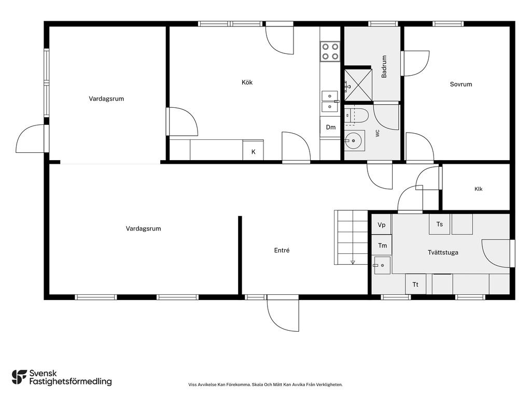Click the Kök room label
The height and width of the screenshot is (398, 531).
click(x=247, y=82)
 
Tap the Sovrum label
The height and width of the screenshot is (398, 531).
click(x=460, y=84)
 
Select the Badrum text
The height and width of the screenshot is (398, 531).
click(x=384, y=67)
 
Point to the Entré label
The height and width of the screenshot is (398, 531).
click(x=282, y=250)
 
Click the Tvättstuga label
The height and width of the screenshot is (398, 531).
click(x=443, y=252)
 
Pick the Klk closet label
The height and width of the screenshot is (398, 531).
click(x=479, y=189)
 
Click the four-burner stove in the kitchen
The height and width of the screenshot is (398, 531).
click(x=330, y=51)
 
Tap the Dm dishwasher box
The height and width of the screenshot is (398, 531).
click(x=330, y=127)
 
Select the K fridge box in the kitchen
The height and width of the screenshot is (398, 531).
click(x=253, y=150)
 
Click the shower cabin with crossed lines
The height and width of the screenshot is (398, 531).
click(x=358, y=85)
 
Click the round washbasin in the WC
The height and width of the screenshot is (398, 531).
click(x=353, y=140)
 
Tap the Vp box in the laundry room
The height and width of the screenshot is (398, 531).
click(x=382, y=224)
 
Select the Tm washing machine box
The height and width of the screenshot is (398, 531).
click(x=382, y=245)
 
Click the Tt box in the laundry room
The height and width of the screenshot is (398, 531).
click(x=415, y=284)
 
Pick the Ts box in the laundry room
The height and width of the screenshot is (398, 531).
click(x=440, y=224)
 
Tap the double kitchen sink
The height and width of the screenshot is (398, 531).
click(x=329, y=101)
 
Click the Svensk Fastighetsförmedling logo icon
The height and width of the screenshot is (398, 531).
click(x=19, y=377)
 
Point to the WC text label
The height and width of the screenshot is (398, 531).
click(x=378, y=133)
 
